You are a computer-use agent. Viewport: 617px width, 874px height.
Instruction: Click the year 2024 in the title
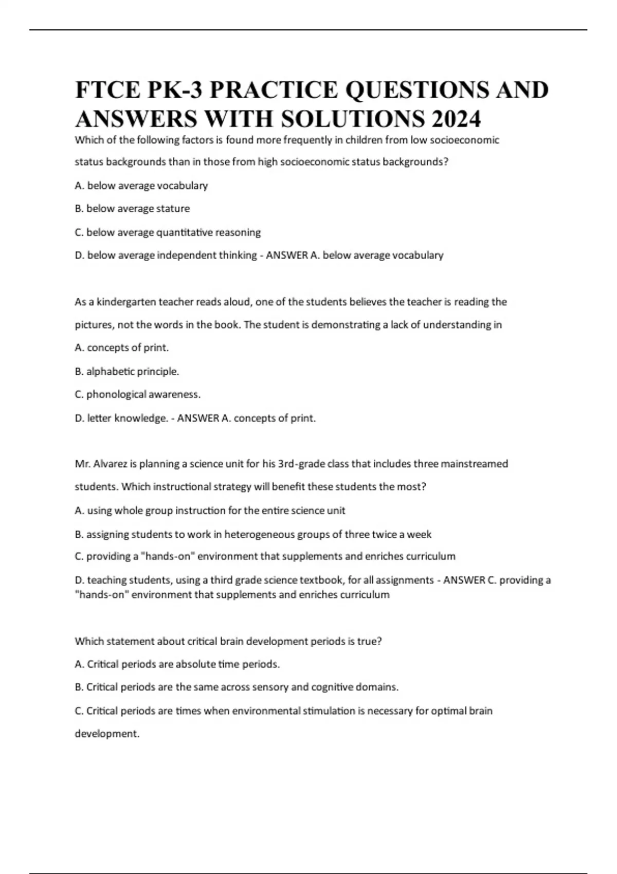coord(456,119)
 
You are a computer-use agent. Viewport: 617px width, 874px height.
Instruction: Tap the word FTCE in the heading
coord(107,90)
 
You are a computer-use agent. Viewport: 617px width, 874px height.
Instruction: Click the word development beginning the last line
coord(107,734)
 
